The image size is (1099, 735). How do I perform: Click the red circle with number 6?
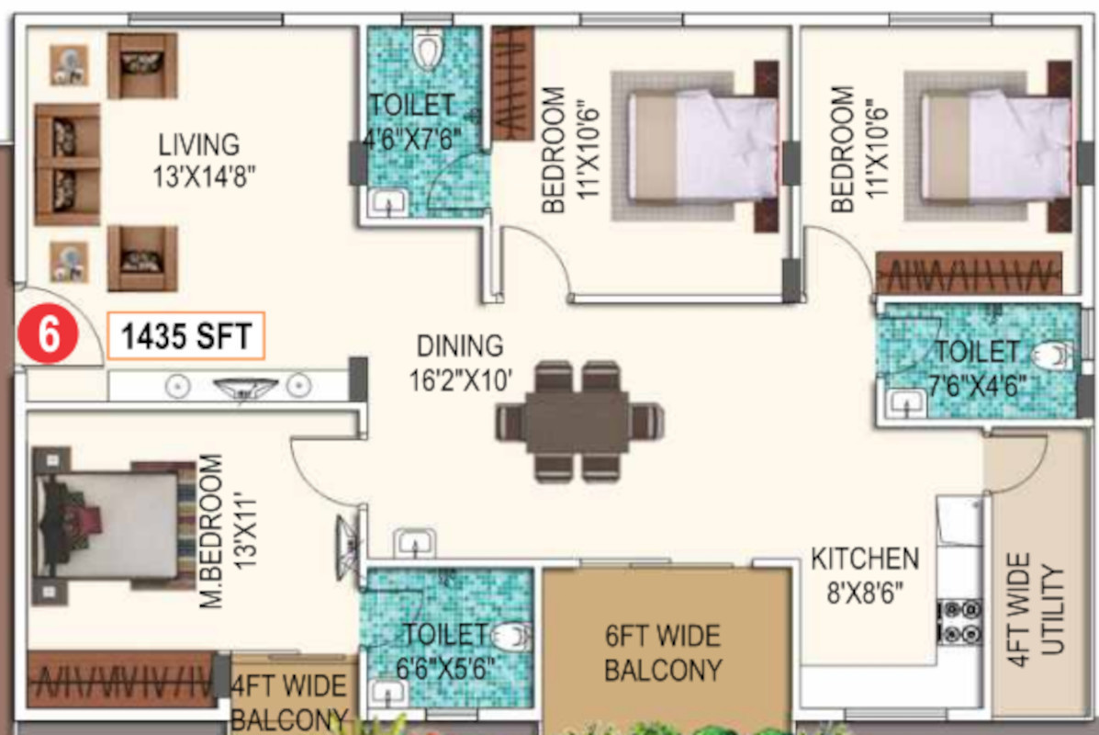click(48, 334)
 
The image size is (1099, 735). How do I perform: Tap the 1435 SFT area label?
click(185, 336)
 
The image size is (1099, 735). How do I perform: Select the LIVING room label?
click(199, 145)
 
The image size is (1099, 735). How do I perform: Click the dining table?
click(579, 422)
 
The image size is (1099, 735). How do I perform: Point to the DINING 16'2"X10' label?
click(461, 363)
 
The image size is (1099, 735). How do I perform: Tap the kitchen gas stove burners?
click(960, 621)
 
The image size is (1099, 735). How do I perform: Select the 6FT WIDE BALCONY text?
click(662, 653)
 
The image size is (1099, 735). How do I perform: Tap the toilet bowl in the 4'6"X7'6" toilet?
click(427, 48)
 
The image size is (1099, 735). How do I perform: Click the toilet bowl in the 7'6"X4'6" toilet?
click(1051, 356)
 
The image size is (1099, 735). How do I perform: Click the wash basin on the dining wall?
click(415, 542)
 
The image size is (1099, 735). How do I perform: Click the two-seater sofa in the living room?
click(67, 164)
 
